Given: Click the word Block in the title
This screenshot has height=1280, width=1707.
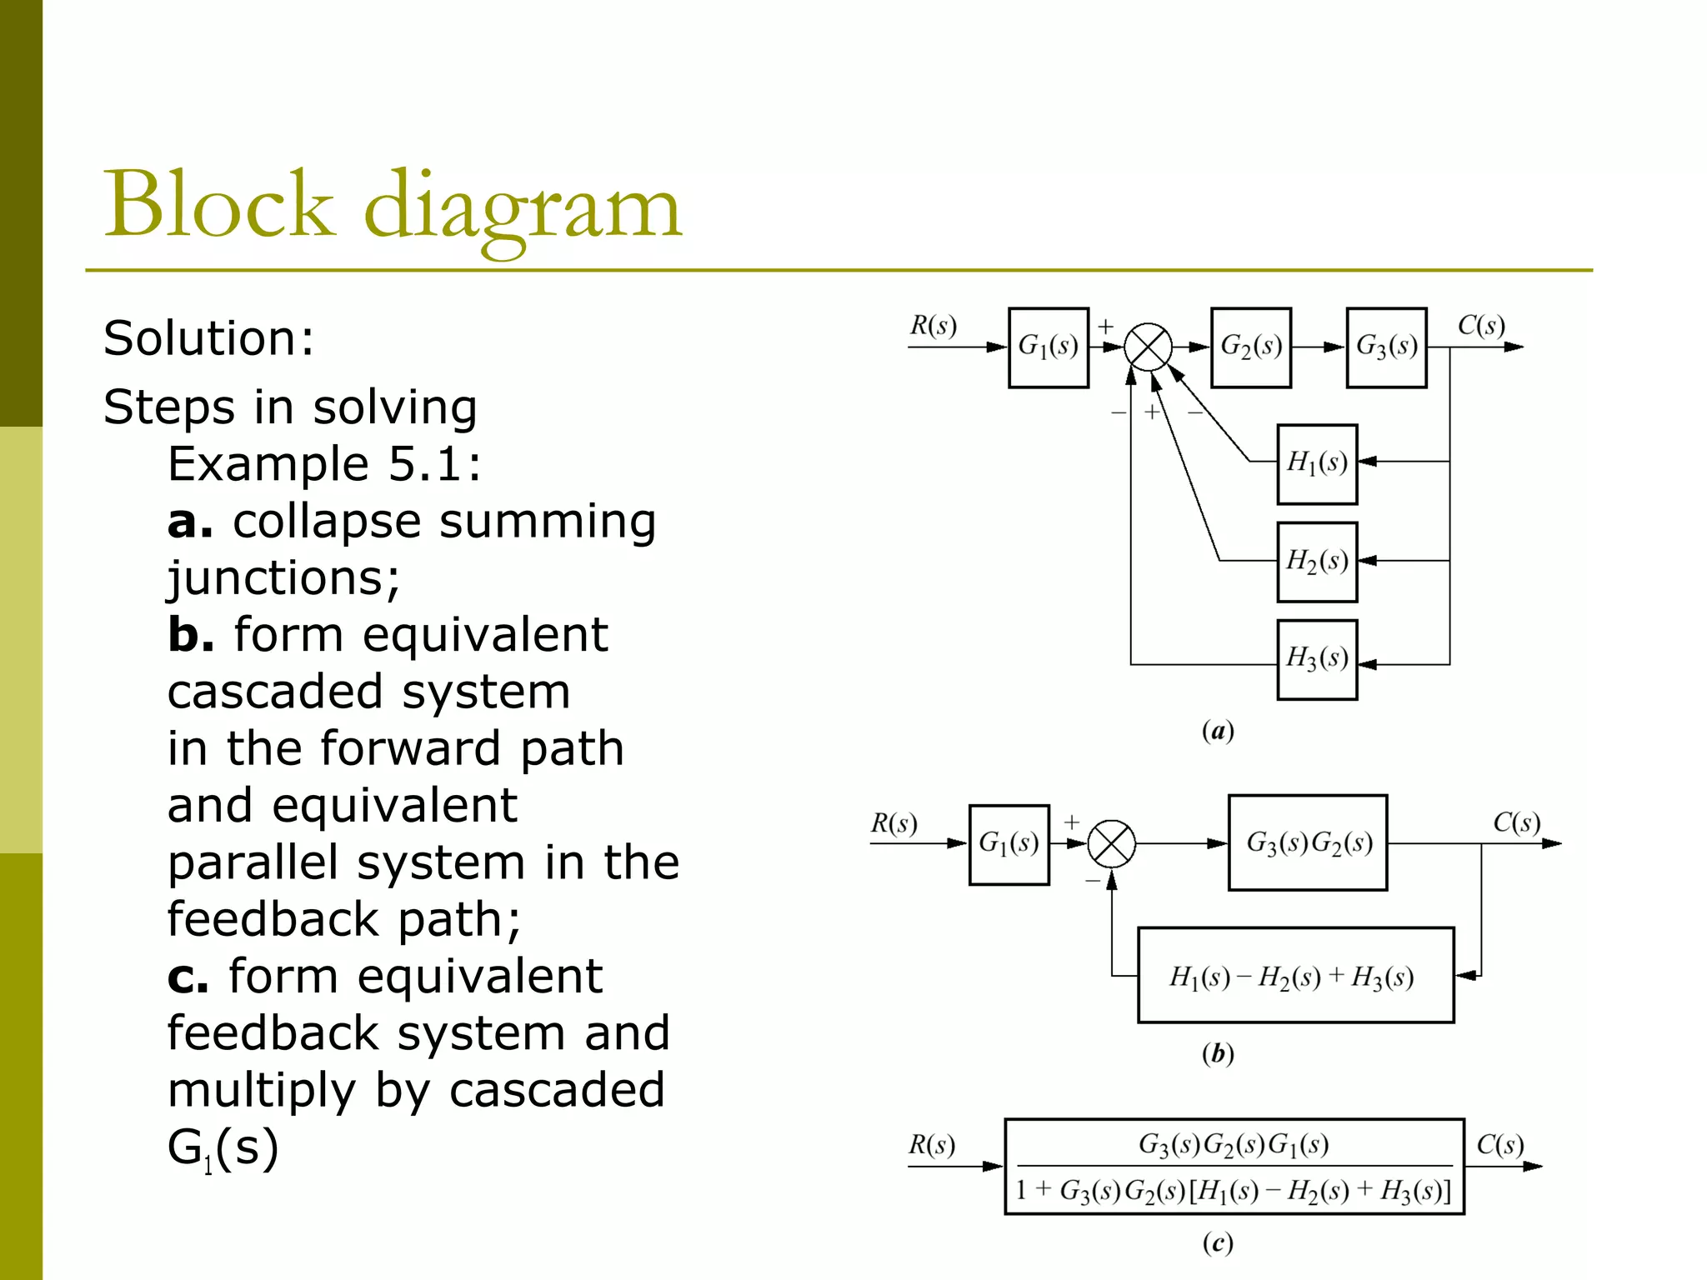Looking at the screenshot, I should [218, 204].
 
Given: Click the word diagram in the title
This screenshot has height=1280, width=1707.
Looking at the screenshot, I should [523, 208].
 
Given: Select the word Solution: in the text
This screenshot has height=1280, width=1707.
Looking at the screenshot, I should [208, 338].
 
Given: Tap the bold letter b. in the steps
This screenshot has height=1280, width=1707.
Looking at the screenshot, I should [191, 635].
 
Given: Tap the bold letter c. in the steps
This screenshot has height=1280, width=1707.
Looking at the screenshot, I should [188, 977].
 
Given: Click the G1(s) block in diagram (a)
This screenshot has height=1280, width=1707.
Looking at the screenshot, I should [1048, 347].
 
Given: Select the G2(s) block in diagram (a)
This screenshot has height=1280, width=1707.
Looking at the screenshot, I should [1250, 347].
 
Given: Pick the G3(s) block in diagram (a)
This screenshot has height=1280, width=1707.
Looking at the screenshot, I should [1386, 347].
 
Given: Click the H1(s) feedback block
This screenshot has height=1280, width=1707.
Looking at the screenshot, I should [1317, 463].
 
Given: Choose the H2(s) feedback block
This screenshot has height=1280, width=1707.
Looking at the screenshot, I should [1317, 561].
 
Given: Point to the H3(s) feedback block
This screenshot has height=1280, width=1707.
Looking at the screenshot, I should [1317, 659].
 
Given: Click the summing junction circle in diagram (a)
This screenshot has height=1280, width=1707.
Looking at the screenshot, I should [1148, 347].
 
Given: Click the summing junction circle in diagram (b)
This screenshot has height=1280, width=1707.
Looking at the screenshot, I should [1111, 843].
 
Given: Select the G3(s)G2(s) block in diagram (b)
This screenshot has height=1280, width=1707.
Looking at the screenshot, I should [1307, 842].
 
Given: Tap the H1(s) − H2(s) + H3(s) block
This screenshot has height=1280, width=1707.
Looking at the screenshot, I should [1295, 975].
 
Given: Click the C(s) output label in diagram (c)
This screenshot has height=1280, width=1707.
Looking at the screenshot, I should [1499, 1145].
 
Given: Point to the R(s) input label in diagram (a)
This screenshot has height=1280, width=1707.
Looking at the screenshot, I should [933, 325].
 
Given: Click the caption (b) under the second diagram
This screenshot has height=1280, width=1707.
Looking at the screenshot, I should [1218, 1053].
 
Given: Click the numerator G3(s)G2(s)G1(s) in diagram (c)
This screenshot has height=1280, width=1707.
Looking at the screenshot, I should [1234, 1145].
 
